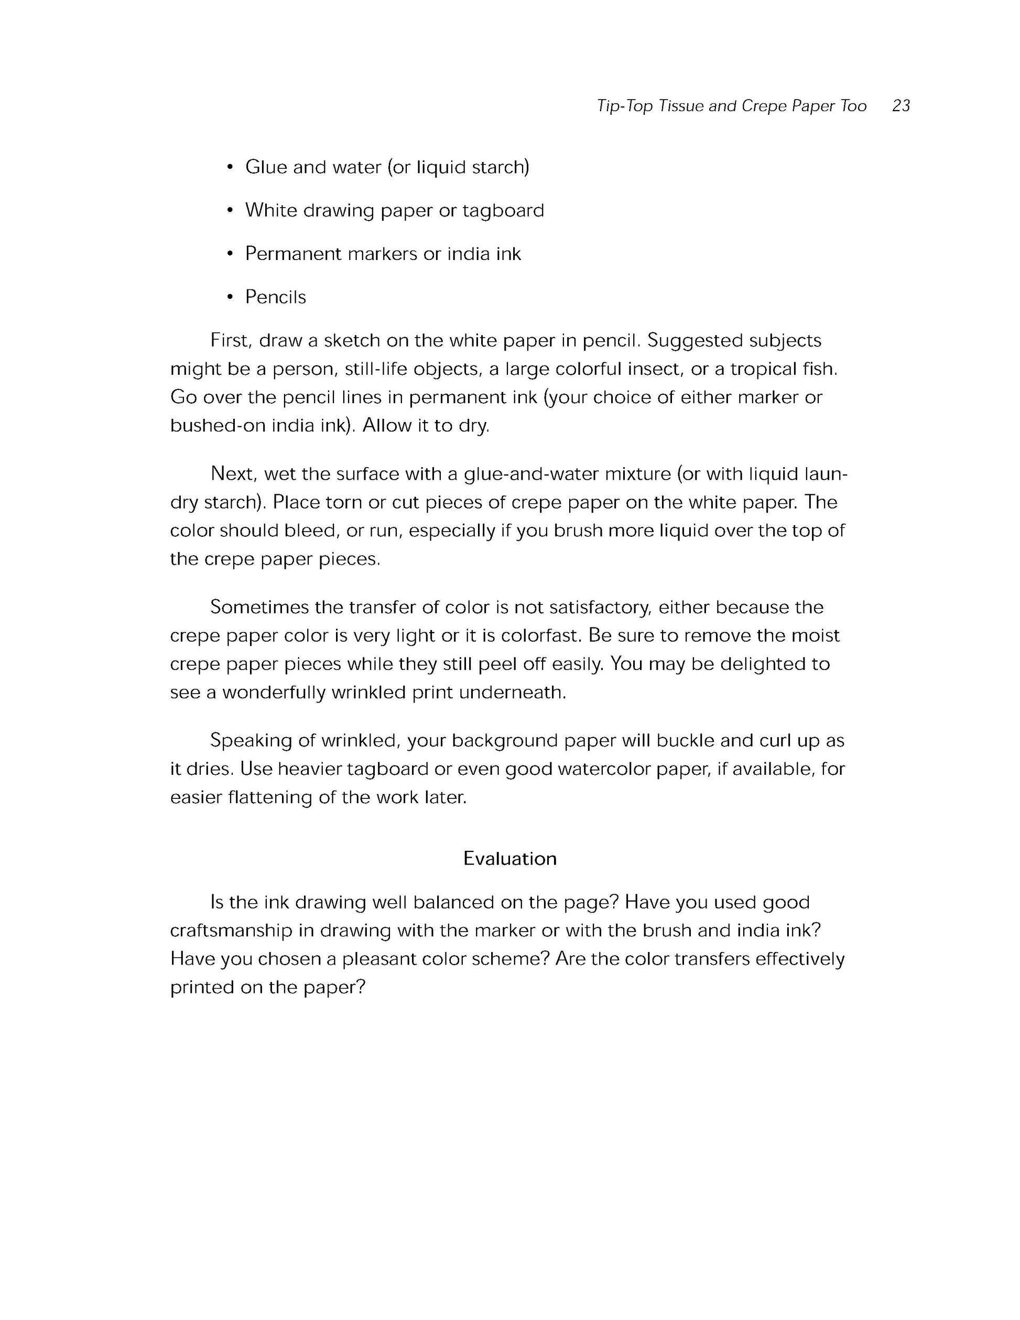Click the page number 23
point(900,106)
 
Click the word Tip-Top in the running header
point(624,106)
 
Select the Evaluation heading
point(509,859)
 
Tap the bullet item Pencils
point(276,297)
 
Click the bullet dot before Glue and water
point(230,167)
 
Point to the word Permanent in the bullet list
point(293,254)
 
